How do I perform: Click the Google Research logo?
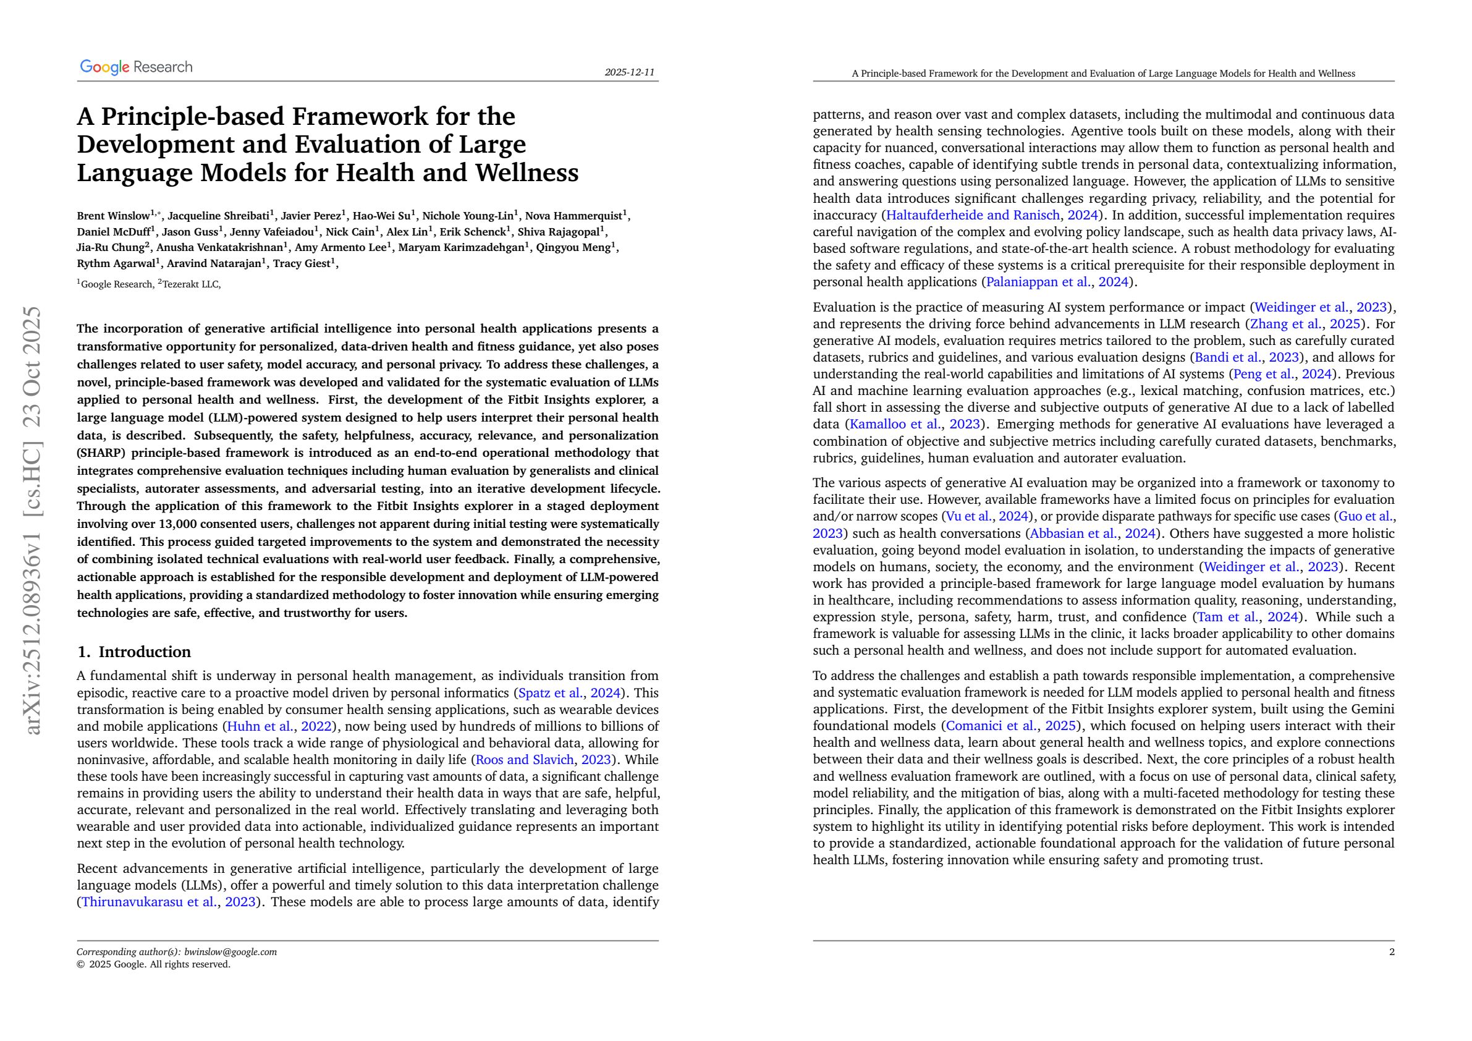click(x=136, y=67)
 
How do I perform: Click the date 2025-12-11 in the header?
click(x=630, y=72)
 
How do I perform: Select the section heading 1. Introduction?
click(x=134, y=652)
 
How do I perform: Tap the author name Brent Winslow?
click(x=113, y=216)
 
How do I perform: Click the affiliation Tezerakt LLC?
click(x=191, y=284)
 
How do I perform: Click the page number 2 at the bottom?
click(x=1391, y=952)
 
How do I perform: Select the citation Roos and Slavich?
click(x=525, y=760)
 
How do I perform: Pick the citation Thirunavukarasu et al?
click(x=150, y=902)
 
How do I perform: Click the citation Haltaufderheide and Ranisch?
click(x=973, y=215)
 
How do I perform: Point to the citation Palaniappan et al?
click(x=1039, y=281)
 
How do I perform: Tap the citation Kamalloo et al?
click(x=895, y=424)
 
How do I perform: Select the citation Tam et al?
click(x=1224, y=617)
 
